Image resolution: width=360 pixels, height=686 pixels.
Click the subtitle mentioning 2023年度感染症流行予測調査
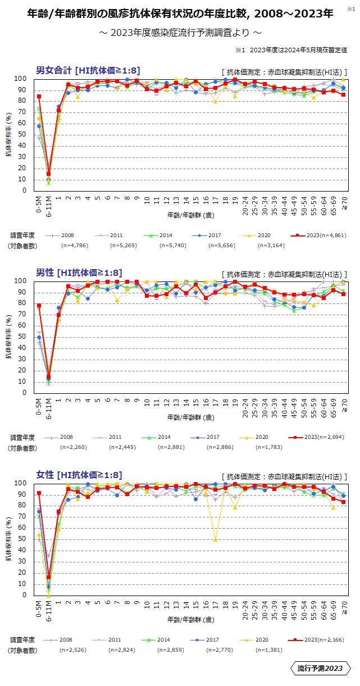180,33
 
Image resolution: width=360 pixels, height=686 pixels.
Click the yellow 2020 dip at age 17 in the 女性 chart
215,539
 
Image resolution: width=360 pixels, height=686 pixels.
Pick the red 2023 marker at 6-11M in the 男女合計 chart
49,174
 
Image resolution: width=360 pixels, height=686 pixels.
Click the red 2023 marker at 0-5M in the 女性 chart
39,493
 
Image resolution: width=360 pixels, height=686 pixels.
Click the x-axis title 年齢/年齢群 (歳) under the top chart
190,215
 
